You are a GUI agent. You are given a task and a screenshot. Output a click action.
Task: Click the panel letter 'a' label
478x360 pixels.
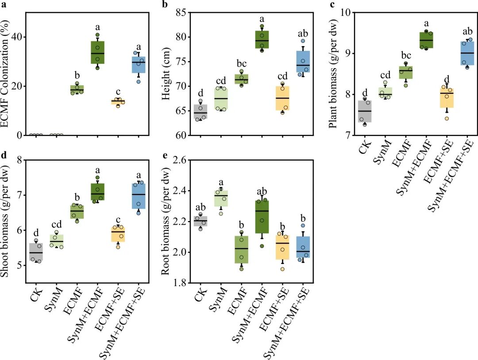pyautogui.click(x=4, y=5)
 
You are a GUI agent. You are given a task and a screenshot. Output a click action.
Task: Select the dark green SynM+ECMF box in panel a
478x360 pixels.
pyautogui.click(x=97, y=52)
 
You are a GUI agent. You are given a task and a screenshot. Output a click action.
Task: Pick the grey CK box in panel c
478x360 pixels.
pyautogui.click(x=365, y=111)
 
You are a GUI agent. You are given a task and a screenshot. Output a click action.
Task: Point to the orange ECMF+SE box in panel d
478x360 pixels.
pyautogui.click(x=118, y=234)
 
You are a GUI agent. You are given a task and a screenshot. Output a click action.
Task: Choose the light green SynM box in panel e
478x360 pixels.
pyautogui.click(x=220, y=198)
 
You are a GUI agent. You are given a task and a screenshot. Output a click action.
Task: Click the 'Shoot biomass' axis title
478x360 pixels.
pyautogui.click(x=7, y=221)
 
